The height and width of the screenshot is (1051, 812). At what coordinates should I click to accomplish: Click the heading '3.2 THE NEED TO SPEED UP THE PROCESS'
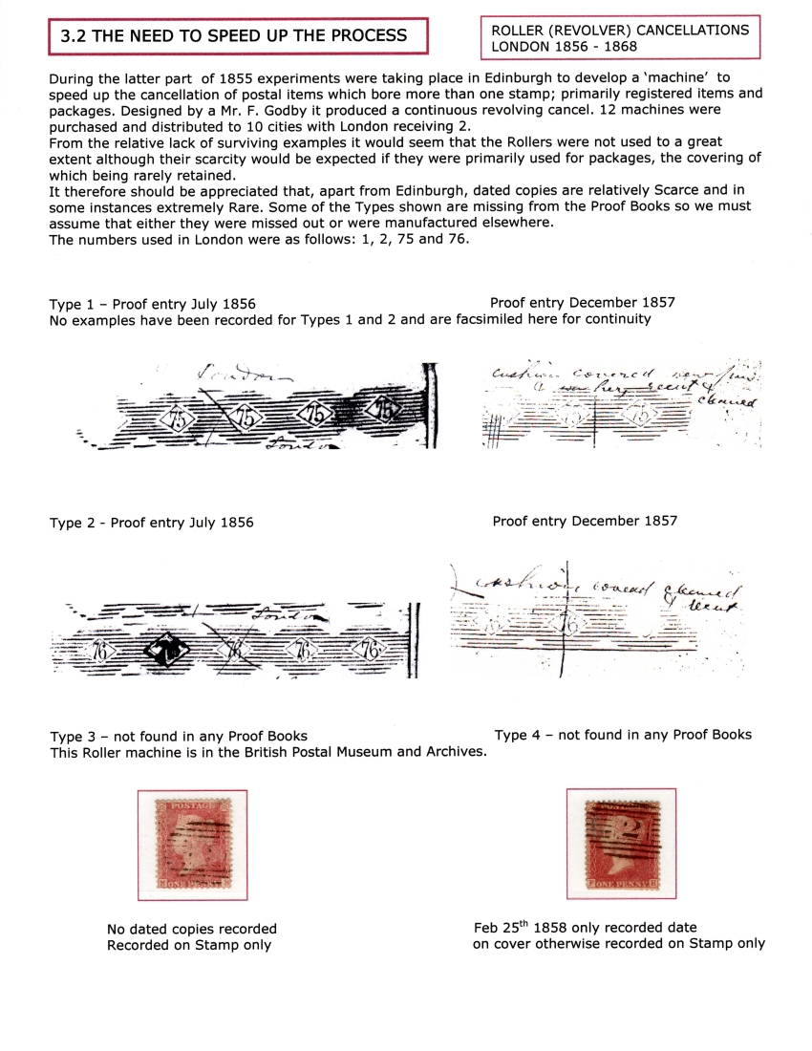click(234, 36)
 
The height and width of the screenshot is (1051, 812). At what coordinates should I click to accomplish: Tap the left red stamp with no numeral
click(192, 845)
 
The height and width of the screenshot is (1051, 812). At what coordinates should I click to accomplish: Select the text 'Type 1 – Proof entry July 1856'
click(152, 304)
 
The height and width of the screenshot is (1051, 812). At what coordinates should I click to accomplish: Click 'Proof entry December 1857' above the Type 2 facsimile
click(585, 521)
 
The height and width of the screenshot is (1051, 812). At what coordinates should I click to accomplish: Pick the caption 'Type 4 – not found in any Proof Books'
click(622, 734)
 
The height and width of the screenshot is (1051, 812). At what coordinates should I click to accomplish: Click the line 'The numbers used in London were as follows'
click(206, 239)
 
